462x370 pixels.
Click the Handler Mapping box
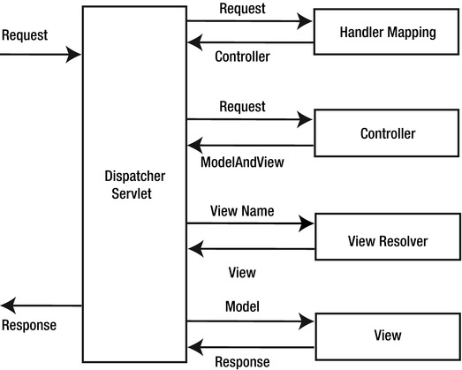click(x=387, y=33)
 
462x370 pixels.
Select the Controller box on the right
click(x=387, y=134)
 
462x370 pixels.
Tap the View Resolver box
click(x=387, y=239)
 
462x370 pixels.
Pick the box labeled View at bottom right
click(x=387, y=335)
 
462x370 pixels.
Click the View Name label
click(x=242, y=211)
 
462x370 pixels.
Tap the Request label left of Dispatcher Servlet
click(x=25, y=36)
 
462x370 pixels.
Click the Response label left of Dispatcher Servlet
click(x=28, y=325)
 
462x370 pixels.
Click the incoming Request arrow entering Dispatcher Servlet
click(x=41, y=55)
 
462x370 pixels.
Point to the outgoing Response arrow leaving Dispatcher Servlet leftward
click(x=41, y=306)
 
